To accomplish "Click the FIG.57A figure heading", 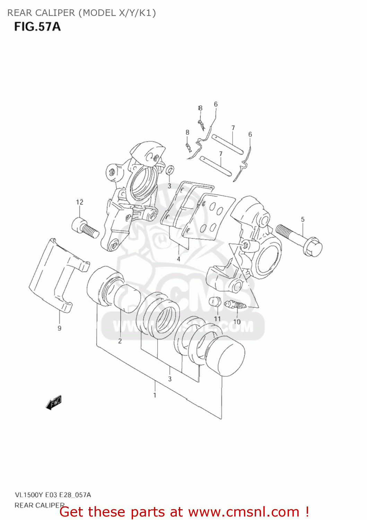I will (37, 27).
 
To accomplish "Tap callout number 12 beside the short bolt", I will (80, 202).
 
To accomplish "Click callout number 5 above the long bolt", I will (303, 219).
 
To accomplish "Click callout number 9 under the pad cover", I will (60, 328).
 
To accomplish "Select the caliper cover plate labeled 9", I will (55, 274).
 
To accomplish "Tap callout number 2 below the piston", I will (120, 341).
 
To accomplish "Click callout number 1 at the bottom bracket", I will (155, 395).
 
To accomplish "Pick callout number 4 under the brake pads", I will (178, 259).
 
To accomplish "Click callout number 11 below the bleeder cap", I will (217, 319).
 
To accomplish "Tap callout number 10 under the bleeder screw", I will (237, 322).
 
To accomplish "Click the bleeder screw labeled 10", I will (235, 305).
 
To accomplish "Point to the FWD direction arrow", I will (54, 402).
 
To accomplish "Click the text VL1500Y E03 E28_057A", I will (53, 495).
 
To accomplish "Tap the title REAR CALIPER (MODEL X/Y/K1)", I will (81, 13).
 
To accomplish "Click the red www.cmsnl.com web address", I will (244, 512).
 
